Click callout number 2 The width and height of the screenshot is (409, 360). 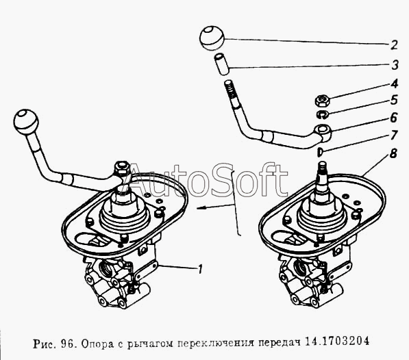click(x=394, y=45)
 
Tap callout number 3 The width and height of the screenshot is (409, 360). click(x=395, y=65)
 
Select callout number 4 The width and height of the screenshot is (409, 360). click(x=394, y=83)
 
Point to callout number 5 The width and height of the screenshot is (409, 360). click(x=394, y=100)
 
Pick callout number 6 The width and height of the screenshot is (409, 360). click(x=394, y=118)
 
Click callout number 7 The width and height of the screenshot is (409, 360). click(x=394, y=135)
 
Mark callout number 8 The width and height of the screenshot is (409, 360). click(x=393, y=153)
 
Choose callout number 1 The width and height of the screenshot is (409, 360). click(x=200, y=269)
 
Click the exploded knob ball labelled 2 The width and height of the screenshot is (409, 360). click(x=212, y=38)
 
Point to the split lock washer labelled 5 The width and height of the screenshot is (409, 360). click(x=323, y=114)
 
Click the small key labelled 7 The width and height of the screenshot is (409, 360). click(x=320, y=152)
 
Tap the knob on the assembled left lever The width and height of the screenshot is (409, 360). click(x=25, y=122)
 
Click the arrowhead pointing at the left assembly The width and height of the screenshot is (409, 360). click(x=201, y=207)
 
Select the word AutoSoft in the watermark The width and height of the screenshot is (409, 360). click(x=206, y=180)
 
